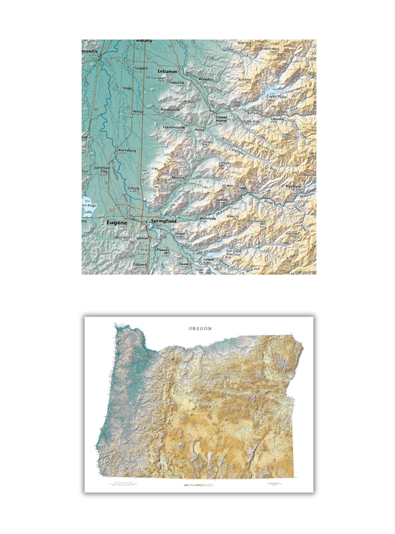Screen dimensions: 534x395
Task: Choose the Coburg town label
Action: pos(132,188)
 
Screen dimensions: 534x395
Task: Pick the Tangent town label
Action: pos(141,68)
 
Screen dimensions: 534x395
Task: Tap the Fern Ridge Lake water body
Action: pos(86,205)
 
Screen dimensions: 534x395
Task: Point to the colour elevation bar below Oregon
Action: pos(198,486)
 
